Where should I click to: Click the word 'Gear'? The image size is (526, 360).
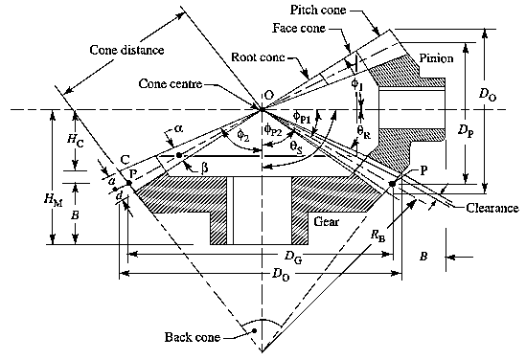[x=324, y=220]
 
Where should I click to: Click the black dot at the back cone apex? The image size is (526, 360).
[x=255, y=331]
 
